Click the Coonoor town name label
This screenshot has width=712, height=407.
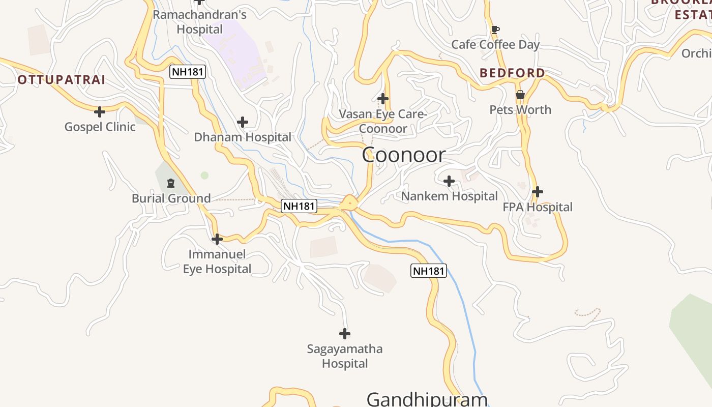point(404,155)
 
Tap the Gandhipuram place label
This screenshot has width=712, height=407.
point(427,398)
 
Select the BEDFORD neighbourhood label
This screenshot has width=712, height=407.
point(512,73)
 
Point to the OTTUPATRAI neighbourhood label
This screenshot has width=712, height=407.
point(62,80)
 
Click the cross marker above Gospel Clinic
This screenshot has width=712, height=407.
point(100,111)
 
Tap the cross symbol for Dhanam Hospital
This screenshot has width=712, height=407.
point(243,122)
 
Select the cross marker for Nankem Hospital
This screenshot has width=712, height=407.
point(449,181)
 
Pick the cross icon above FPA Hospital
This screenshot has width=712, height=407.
point(538,192)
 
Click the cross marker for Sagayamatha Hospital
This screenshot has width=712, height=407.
point(345,334)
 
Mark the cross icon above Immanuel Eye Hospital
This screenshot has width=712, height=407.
point(217,239)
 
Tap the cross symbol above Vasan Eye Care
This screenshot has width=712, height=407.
point(383,98)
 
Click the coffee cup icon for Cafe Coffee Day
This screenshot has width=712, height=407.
point(495,30)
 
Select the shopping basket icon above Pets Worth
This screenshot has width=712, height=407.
point(520,95)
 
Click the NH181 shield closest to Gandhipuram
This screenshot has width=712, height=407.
point(428,271)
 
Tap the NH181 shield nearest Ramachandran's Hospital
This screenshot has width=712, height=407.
point(188,72)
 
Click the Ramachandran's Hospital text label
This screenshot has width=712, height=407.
point(199,22)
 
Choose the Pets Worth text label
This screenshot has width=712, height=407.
point(520,110)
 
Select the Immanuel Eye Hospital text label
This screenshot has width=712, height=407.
point(217,261)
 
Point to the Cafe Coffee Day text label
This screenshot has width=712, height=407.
point(495,45)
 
